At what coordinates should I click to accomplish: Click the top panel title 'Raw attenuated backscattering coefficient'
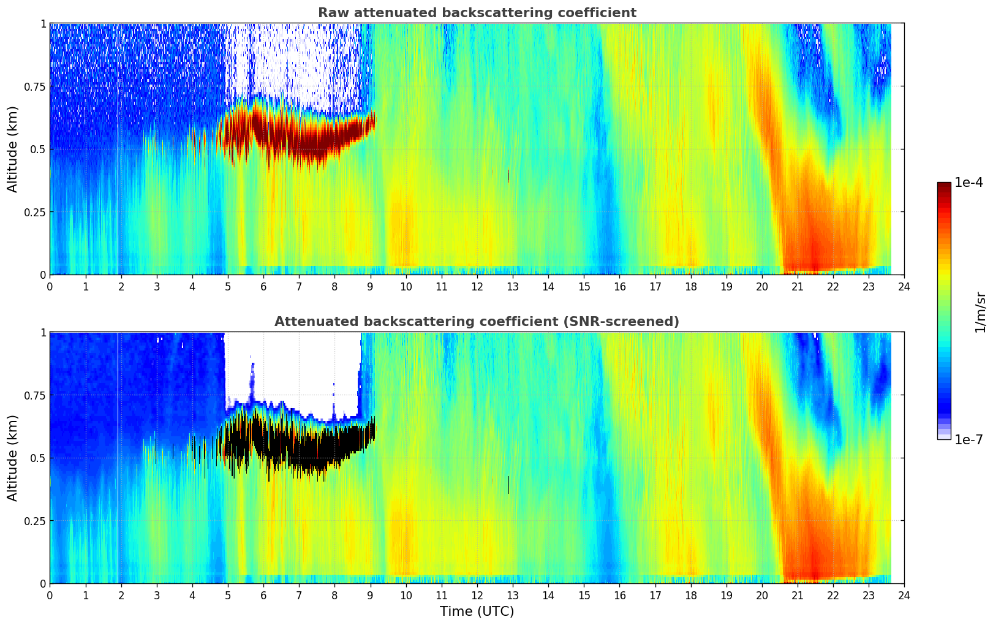(477, 13)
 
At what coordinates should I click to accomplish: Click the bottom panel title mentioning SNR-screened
(477, 322)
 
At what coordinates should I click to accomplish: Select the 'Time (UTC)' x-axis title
(477, 612)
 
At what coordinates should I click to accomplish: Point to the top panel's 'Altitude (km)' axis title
(13, 149)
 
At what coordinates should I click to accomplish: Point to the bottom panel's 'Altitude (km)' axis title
(13, 458)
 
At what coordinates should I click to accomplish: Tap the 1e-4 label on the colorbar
(968, 183)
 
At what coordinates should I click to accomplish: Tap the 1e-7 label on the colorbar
(968, 439)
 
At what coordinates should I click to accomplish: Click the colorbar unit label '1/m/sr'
(980, 312)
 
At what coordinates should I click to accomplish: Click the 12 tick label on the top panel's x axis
(477, 286)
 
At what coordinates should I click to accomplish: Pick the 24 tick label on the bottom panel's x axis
(904, 595)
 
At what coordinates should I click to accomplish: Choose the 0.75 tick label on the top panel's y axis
(35, 86)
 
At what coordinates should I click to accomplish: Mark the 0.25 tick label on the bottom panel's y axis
(35, 521)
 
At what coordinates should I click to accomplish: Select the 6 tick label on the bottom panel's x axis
(263, 595)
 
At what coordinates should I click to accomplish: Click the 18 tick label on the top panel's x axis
(690, 286)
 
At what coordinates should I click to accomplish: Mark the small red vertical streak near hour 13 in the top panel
(508, 176)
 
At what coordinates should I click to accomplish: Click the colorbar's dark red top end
(943, 187)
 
